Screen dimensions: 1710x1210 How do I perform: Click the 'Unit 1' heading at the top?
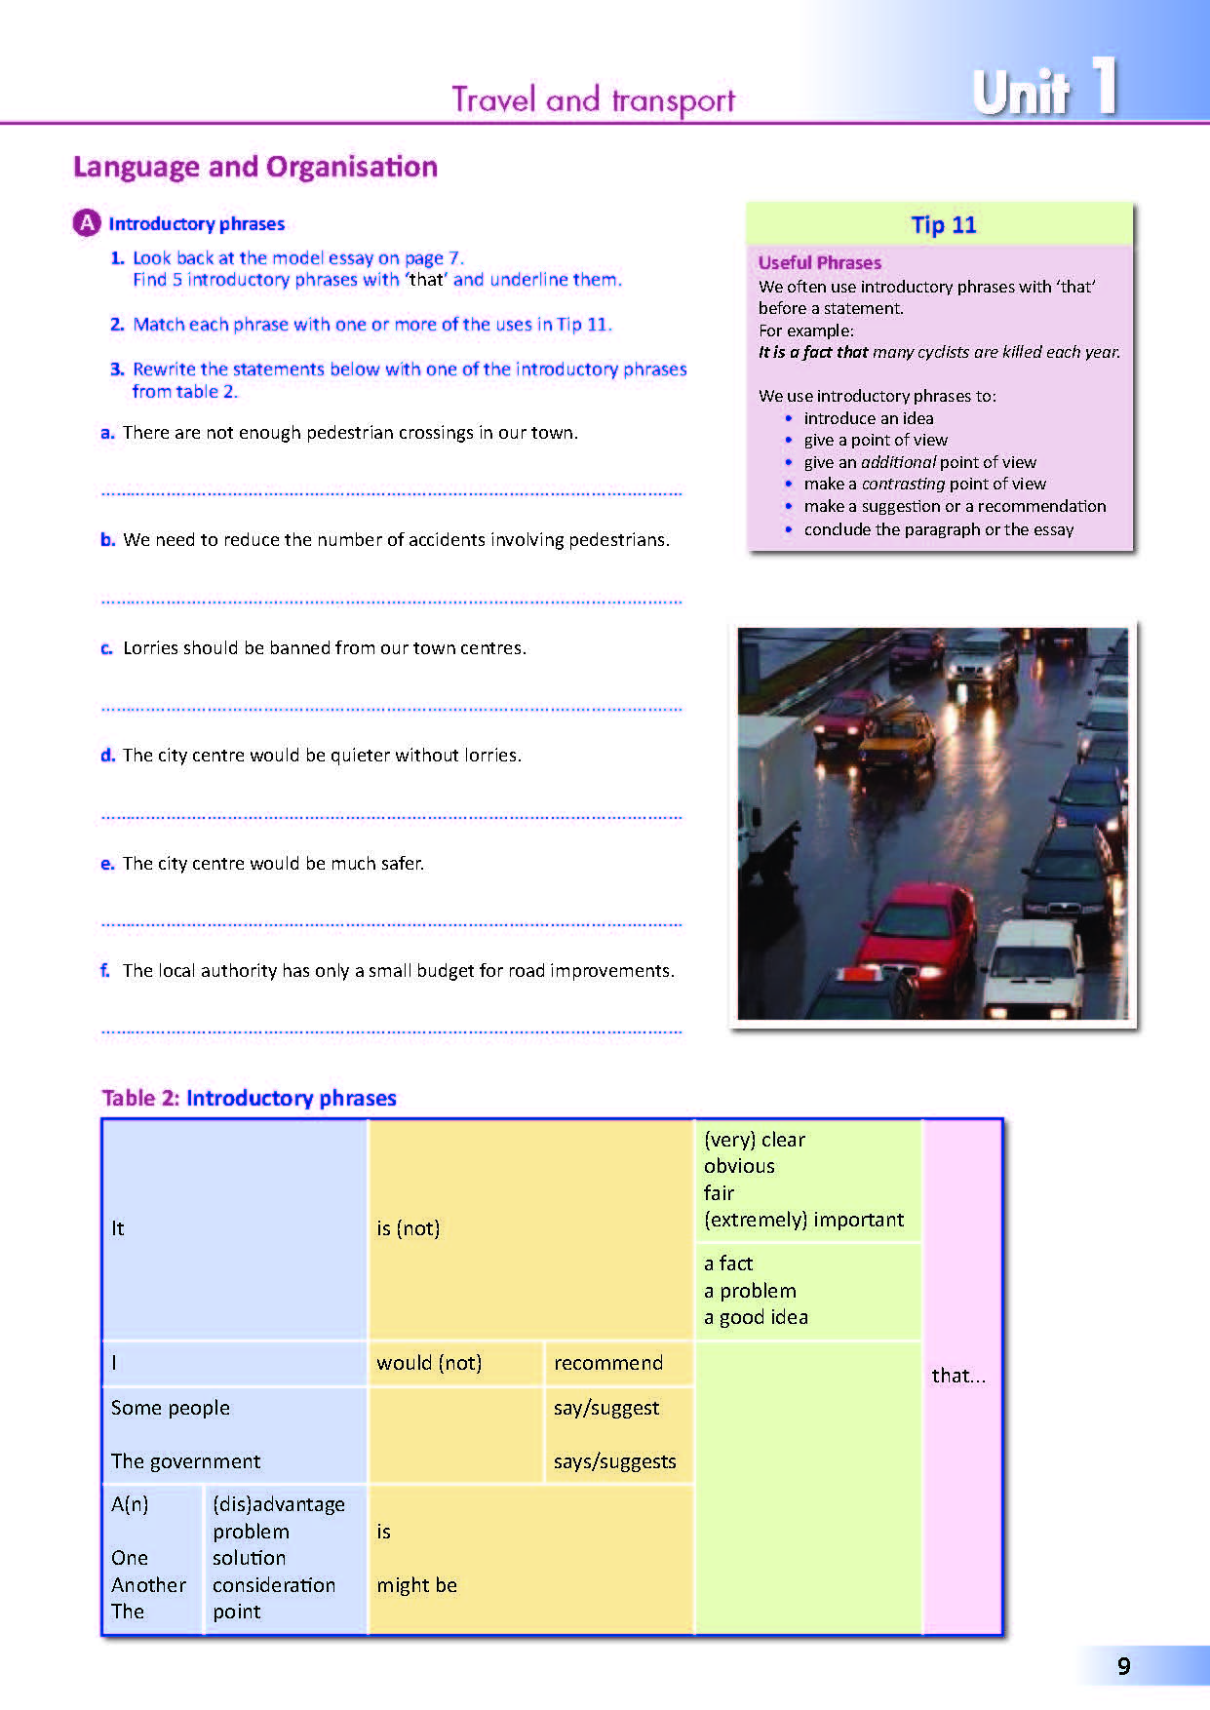point(1043,90)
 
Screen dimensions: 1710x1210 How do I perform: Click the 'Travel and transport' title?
point(593,99)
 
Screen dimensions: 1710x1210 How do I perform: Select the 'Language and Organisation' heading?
point(255,167)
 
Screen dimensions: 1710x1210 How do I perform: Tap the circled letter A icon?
point(87,223)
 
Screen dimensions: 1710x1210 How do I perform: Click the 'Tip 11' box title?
point(943,225)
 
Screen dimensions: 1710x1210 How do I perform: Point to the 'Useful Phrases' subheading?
point(819,262)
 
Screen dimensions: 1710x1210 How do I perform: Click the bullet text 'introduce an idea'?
point(868,418)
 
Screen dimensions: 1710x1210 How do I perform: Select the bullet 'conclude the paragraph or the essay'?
point(938,529)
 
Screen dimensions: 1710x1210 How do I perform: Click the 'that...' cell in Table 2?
point(958,1376)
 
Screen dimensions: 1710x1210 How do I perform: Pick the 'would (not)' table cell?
point(429,1363)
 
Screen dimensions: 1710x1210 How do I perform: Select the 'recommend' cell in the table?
point(608,1363)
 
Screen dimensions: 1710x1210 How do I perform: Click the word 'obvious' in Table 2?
point(739,1166)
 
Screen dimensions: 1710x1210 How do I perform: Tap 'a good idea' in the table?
point(756,1317)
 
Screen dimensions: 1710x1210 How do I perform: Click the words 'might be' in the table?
point(416,1585)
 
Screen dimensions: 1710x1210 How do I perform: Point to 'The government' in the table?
point(185,1461)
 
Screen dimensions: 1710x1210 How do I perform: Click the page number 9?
point(1123,1666)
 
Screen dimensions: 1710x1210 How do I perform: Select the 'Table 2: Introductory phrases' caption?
point(249,1098)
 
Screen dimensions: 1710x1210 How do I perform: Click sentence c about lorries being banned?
point(324,648)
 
